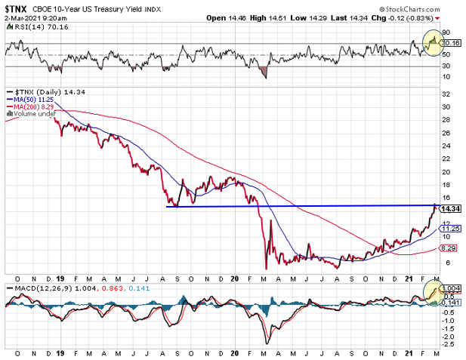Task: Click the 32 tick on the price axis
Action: [446, 94]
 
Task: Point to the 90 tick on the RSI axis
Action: [446, 32]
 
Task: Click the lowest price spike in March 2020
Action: [266, 268]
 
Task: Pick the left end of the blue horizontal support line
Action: [167, 206]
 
